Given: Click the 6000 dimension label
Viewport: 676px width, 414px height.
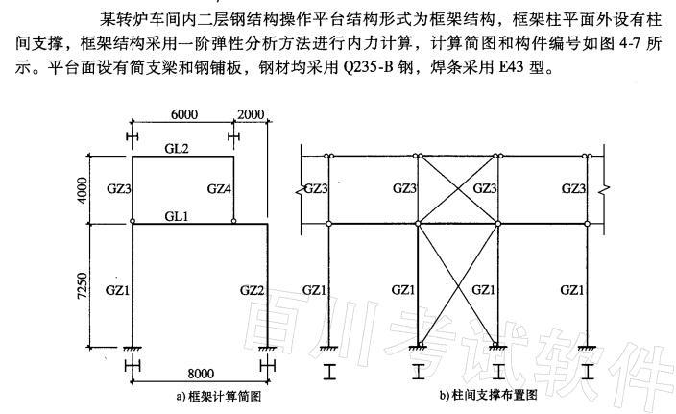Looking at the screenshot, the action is coord(184,114).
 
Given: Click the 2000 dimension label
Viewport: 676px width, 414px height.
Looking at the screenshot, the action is coord(251,114).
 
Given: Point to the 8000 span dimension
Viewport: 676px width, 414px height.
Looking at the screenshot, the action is coord(201,374).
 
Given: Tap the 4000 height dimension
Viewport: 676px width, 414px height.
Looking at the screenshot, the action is coord(82,190).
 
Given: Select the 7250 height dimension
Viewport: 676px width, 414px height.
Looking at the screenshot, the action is coord(82,285).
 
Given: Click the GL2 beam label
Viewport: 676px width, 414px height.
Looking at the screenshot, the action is coord(177,149).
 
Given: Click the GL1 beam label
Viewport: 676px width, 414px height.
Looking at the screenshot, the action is coord(177,216).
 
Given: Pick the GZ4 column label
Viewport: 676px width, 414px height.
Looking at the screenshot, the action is coord(219,189).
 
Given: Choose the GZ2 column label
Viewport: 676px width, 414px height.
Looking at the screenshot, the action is coord(252,290).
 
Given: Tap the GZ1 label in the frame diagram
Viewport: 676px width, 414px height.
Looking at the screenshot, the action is coord(117,290).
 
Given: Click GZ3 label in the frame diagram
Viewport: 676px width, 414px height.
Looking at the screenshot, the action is coord(118,189).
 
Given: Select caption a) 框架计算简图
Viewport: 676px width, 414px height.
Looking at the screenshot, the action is coord(219,397).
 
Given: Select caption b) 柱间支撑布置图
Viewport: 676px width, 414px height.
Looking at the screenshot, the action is coord(489,395).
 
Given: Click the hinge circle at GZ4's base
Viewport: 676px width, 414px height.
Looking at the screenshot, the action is coord(233,221).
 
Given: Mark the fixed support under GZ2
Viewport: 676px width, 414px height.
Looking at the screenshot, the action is coord(267,348).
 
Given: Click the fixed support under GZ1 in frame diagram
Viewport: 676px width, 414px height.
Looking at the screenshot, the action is coord(132,348).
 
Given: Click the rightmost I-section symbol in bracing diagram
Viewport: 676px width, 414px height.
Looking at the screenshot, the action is coord(587,372).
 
